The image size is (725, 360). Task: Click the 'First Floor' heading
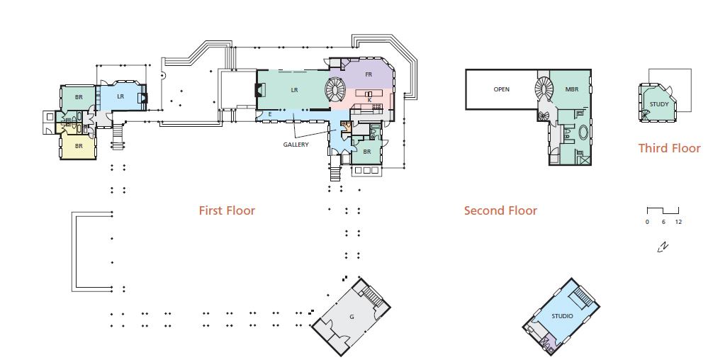pos(227,210)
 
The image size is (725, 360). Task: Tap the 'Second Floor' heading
pos(500,210)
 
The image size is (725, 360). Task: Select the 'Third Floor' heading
pos(669,148)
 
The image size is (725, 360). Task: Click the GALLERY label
pos(296,145)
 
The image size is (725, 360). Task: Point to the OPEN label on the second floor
pos(501,89)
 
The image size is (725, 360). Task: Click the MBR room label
pos(571,89)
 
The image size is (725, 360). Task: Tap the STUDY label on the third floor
pos(659,104)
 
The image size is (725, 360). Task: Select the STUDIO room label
pos(562,316)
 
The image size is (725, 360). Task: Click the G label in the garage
pos(352,317)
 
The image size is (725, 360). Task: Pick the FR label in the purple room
pos(369,74)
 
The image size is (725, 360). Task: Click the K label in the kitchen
pos(369,100)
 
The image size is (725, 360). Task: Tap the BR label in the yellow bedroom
pos(79,145)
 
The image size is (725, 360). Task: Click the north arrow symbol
pos(663,247)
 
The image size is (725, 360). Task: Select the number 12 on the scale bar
pos(678,222)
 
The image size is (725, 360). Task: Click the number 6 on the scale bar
pos(663,222)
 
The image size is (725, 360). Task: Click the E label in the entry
pos(270,114)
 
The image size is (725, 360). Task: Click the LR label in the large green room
pos(295,90)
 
